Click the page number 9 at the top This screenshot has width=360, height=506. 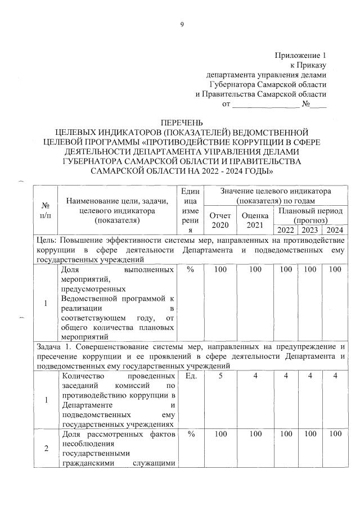click(x=182, y=24)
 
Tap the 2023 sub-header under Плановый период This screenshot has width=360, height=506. click(x=309, y=229)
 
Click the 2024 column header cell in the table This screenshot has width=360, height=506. click(x=335, y=229)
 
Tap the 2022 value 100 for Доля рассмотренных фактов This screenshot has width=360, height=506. click(x=286, y=434)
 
